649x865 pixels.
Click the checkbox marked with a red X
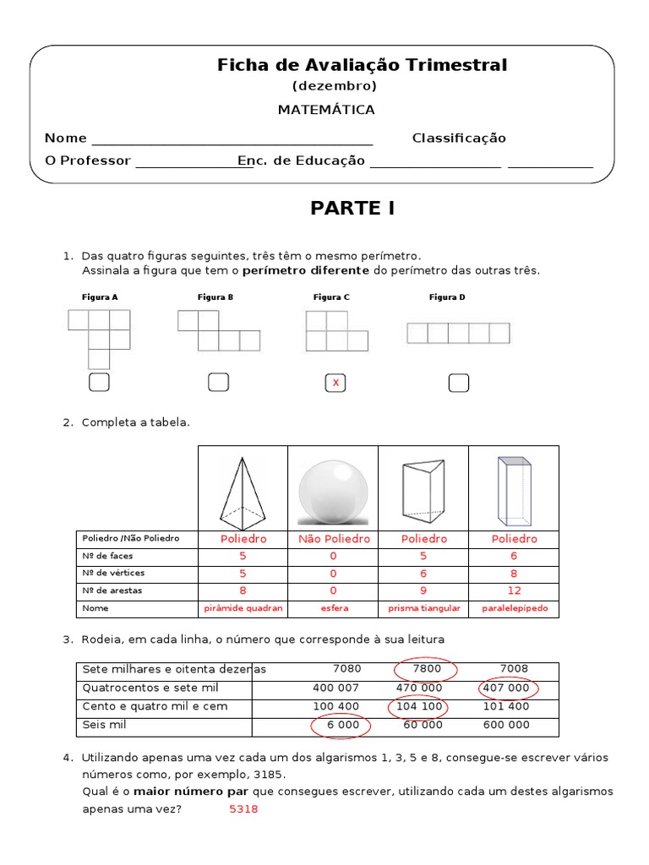(335, 384)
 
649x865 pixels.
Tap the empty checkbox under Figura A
(99, 383)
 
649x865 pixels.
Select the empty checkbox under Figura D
(458, 384)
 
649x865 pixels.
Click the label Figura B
(215, 297)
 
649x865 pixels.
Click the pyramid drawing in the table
(243, 490)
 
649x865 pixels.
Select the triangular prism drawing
(423, 489)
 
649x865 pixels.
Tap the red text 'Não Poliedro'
(333, 539)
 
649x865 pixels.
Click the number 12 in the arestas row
(514, 590)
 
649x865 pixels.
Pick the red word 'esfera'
(333, 608)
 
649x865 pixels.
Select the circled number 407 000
(506, 688)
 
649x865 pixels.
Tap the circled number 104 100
(418, 706)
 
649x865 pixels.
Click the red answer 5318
(243, 809)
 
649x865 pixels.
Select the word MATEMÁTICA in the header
(326, 110)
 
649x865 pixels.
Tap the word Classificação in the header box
(459, 139)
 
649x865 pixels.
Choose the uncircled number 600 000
(506, 725)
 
